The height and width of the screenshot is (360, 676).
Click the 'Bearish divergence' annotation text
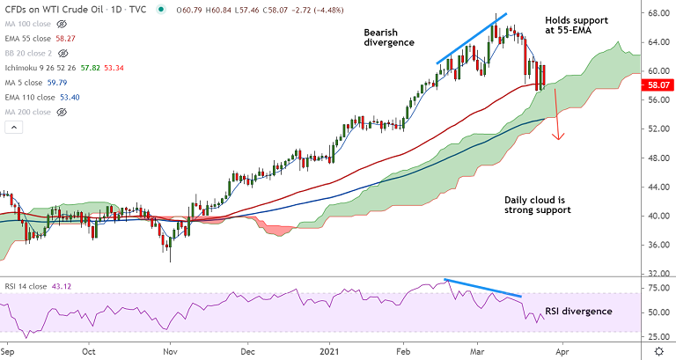pyautogui.click(x=389, y=38)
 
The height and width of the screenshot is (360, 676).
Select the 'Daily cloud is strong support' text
pyautogui.click(x=537, y=204)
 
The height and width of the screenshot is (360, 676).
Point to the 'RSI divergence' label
pyautogui.click(x=578, y=311)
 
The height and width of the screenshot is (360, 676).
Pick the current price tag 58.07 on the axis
pyautogui.click(x=658, y=86)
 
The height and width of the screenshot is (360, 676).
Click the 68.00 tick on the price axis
pyautogui.click(x=657, y=14)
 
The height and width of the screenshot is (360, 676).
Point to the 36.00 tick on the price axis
pyautogui.click(x=657, y=245)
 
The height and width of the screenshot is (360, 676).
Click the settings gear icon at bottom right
pyautogui.click(x=658, y=350)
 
